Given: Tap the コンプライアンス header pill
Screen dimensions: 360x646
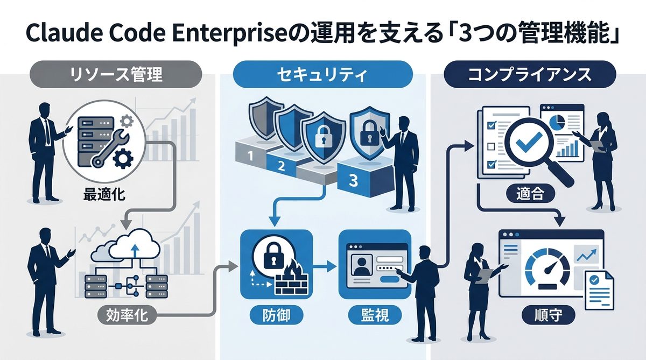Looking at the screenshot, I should tap(530, 74).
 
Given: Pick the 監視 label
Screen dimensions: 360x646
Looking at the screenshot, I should tap(374, 315).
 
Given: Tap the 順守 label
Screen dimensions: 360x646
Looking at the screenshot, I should tap(548, 315).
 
